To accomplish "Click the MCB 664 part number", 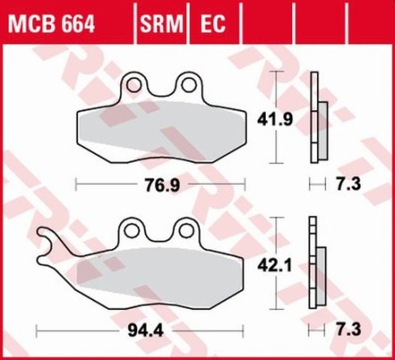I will click(51, 18).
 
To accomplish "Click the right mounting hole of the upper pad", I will click(189, 82).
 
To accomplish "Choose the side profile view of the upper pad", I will click(316, 119).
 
